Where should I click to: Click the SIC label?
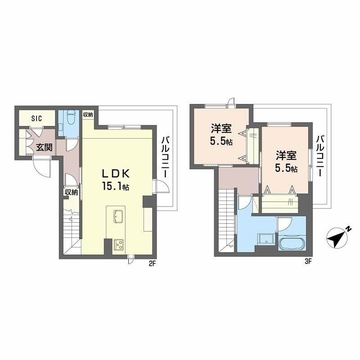pos(37,118)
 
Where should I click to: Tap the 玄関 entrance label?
pos(44,148)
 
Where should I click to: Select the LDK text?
pos(116,174)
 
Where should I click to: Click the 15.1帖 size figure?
pos(116,186)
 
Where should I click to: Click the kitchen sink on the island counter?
pos(119,216)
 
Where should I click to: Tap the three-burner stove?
pos(119,244)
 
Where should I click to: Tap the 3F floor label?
pos(307,261)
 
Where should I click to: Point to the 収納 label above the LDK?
pos(88,115)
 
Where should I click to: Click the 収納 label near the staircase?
pos(71,192)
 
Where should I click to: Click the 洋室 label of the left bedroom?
pos(221,129)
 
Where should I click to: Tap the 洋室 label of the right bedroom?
pos(286,155)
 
